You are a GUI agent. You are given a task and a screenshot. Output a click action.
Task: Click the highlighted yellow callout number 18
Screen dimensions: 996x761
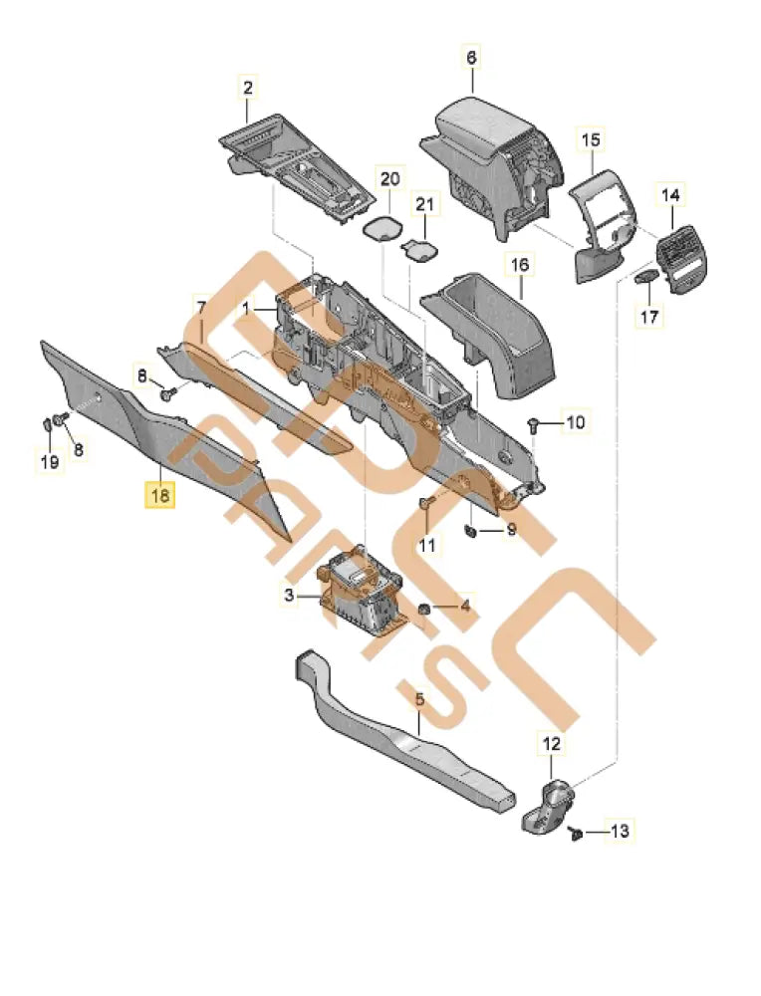point(159,494)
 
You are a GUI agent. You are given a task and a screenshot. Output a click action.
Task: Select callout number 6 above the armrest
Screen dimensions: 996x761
point(472,59)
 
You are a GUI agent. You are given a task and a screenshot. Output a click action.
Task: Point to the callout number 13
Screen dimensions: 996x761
point(620,831)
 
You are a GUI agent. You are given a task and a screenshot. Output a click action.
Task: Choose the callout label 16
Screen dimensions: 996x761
point(521,265)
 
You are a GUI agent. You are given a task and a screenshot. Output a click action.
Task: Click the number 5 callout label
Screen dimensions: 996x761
point(419,700)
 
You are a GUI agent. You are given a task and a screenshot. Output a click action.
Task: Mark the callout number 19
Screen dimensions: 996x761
point(50,461)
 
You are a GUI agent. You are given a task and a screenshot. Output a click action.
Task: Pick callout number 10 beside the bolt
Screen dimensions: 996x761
point(575,423)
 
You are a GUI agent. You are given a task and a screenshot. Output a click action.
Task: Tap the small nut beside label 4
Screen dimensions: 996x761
point(424,607)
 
